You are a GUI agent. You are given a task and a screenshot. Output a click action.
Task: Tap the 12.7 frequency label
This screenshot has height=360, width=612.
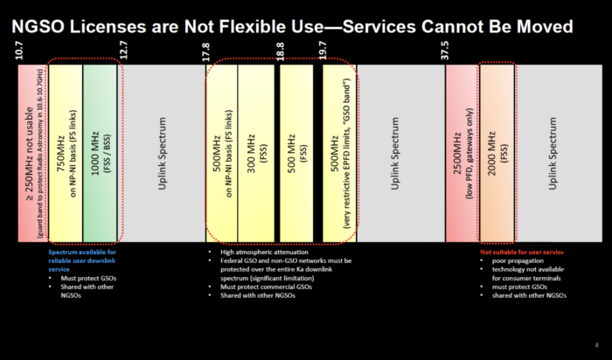123,51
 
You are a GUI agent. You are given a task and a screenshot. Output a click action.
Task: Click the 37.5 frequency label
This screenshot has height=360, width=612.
446,51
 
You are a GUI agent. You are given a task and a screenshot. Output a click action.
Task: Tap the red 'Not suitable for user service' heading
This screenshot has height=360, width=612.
523,253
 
